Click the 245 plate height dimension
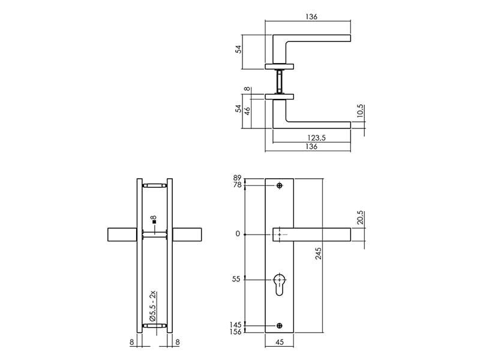coord(319,253)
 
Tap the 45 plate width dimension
coord(280,342)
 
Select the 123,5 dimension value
coord(316,138)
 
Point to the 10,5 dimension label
coord(361,111)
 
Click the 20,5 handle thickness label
coord(361,217)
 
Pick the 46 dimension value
coord(247,110)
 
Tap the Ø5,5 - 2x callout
coord(153,306)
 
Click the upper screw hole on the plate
coord(280,185)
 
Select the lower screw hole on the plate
coord(280,326)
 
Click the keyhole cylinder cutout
coord(280,284)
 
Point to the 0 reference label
coord(238,234)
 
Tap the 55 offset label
coord(236,279)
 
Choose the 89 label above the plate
coord(237,178)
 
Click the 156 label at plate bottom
coord(235,332)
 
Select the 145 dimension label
coord(235,325)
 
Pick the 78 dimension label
coord(237,185)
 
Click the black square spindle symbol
coord(154,221)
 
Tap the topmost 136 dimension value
coord(311,17)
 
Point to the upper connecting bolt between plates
coord(155,185)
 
